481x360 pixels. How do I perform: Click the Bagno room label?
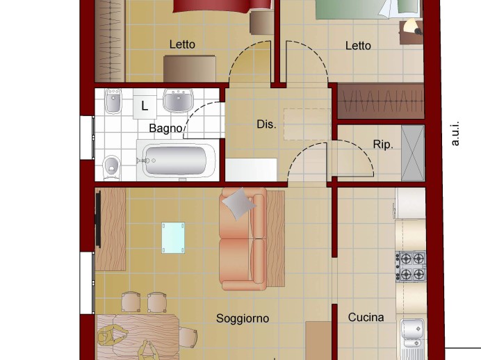pyautogui.click(x=165, y=128)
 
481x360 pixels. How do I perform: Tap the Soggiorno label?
pyautogui.click(x=243, y=318)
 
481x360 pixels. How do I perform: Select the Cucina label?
pyautogui.click(x=366, y=317)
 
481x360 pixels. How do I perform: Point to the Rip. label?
pyautogui.click(x=383, y=144)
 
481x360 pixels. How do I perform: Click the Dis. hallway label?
pyautogui.click(x=266, y=124)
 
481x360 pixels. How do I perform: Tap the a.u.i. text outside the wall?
pyautogui.click(x=455, y=133)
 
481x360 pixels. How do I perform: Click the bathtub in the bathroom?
pyautogui.click(x=176, y=161)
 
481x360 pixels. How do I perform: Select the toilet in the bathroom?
pyautogui.click(x=111, y=167)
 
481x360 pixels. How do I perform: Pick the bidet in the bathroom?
pyautogui.click(x=113, y=101)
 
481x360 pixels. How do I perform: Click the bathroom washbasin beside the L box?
pyautogui.click(x=178, y=100)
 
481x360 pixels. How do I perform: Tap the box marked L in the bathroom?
pyautogui.click(x=145, y=104)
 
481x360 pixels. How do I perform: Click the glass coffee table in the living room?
pyautogui.click(x=173, y=238)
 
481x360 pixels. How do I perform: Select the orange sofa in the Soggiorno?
pyautogui.click(x=243, y=239)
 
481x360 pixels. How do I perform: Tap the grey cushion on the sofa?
pyautogui.click(x=239, y=204)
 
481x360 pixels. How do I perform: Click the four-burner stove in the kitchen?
pyautogui.click(x=410, y=266)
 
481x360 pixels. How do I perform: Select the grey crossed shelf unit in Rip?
pyautogui.click(x=413, y=153)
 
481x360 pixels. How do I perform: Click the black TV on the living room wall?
pyautogui.click(x=98, y=219)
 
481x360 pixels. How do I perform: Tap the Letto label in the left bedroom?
pyautogui.click(x=182, y=44)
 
